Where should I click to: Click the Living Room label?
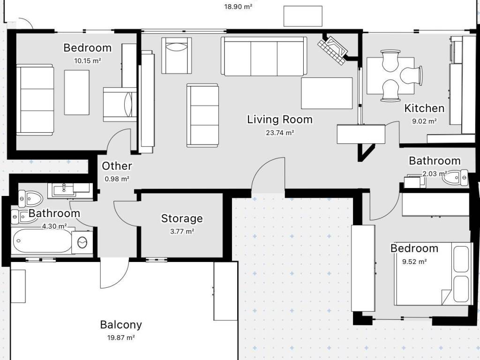(280, 120)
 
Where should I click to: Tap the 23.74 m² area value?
(280, 133)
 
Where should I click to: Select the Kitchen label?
(424, 108)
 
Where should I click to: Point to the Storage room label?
(182, 218)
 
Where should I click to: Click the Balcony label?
(121, 325)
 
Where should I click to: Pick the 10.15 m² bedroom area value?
(88, 60)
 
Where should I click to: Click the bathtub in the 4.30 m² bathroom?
(42, 240)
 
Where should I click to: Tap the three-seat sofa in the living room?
(263, 56)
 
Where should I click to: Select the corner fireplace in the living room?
(333, 50)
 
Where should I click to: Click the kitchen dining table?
(390, 75)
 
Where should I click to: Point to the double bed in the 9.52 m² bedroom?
(432, 274)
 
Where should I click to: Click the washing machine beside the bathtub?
(82, 242)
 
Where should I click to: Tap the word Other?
(117, 166)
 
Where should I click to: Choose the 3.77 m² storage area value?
(182, 232)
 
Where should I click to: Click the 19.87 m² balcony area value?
(121, 337)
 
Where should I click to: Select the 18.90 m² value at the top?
(238, 7)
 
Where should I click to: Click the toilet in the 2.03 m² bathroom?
(455, 178)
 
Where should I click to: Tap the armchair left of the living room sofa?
(177, 55)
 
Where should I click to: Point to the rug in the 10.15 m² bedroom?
(77, 92)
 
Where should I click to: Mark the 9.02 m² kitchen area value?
(424, 121)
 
